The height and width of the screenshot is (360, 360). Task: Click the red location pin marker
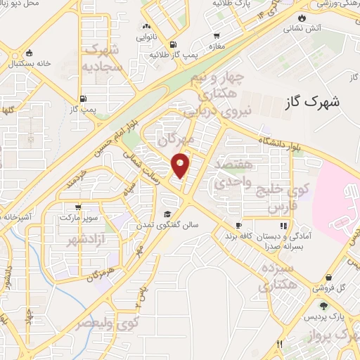[181, 165]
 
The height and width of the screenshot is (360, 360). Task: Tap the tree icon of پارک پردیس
[323, 304]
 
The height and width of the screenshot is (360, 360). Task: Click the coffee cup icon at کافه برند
[238, 225]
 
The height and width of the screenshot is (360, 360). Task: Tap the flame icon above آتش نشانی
[302, 18]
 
